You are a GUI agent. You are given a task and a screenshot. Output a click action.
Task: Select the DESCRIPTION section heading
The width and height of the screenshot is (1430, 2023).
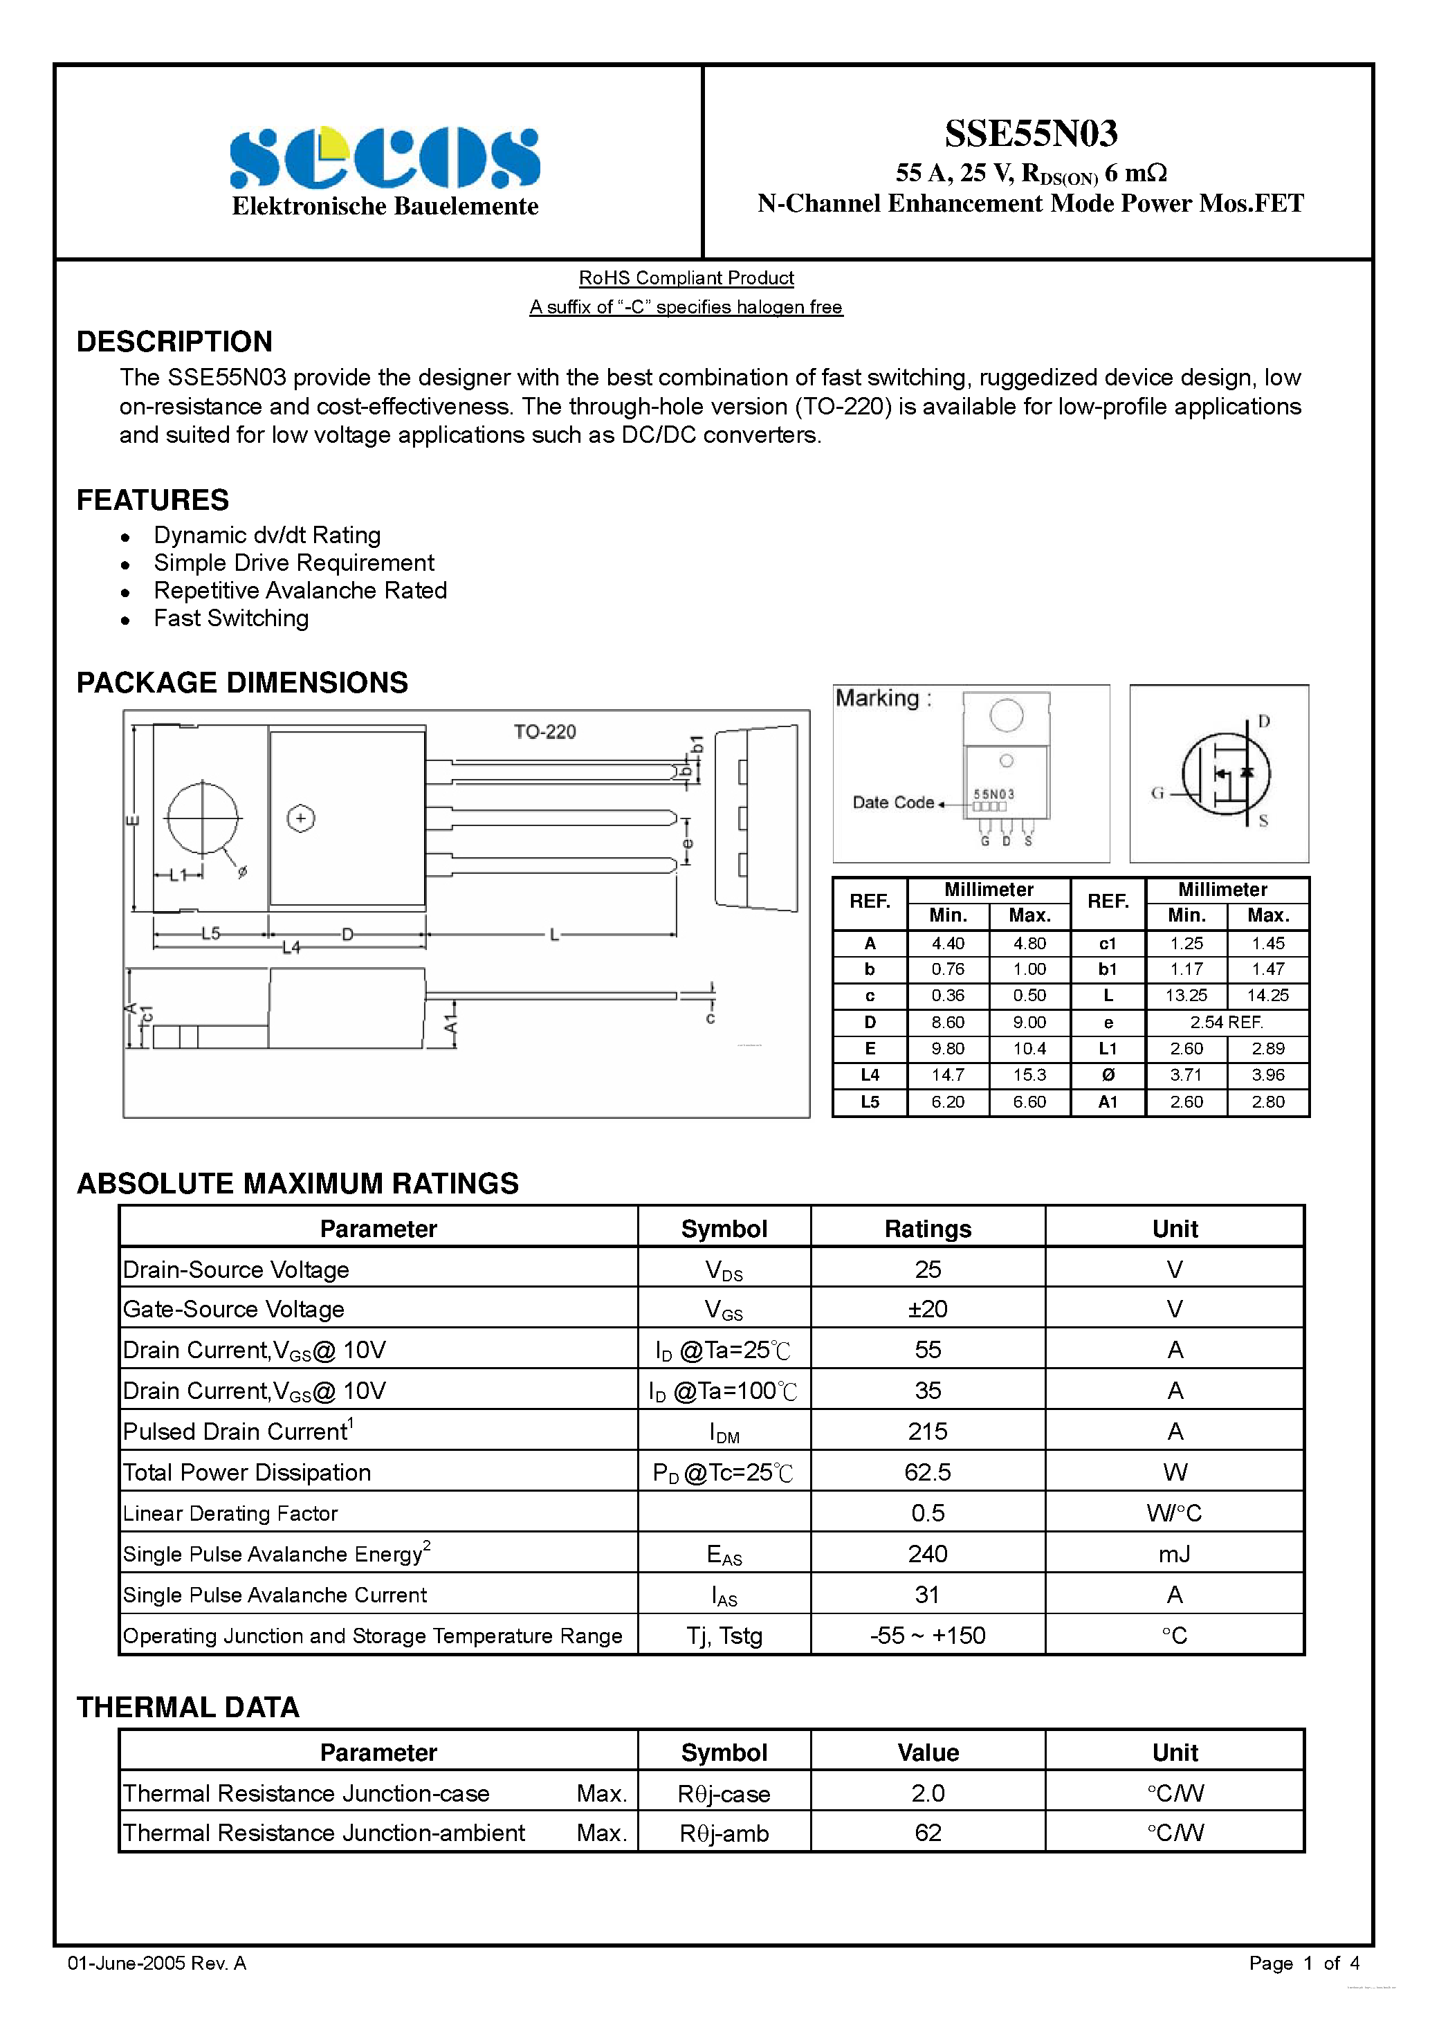(x=174, y=342)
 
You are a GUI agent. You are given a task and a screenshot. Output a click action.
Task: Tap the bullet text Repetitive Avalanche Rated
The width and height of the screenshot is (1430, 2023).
(x=300, y=590)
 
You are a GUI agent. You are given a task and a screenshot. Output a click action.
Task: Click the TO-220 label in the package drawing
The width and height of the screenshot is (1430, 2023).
(x=544, y=731)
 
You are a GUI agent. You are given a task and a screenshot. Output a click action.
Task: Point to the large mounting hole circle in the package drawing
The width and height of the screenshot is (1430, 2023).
(x=203, y=818)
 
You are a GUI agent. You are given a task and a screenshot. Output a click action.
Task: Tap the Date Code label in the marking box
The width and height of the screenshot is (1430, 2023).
(x=892, y=803)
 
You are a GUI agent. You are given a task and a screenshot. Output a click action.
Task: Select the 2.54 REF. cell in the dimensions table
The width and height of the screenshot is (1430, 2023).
(x=1226, y=1022)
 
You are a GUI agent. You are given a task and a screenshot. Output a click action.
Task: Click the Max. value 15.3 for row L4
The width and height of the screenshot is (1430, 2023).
(x=1029, y=1075)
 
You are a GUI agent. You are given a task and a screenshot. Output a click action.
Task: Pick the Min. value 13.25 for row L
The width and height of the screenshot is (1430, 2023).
(x=1186, y=996)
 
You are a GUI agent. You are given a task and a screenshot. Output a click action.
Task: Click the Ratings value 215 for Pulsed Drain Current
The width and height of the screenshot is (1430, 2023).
(x=927, y=1431)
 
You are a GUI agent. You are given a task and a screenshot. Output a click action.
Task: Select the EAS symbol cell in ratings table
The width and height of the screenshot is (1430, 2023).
(x=724, y=1555)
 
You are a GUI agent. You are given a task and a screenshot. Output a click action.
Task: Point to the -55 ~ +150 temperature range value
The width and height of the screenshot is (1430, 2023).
(x=927, y=1636)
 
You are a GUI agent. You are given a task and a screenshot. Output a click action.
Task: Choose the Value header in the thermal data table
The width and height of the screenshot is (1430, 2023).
(x=927, y=1752)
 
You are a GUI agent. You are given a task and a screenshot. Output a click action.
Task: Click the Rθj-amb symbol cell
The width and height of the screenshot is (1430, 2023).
(x=724, y=1833)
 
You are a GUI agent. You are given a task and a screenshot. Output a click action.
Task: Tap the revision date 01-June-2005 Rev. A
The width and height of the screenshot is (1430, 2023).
(x=157, y=1963)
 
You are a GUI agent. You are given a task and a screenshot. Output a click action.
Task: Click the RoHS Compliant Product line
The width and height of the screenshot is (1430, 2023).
(x=686, y=277)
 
